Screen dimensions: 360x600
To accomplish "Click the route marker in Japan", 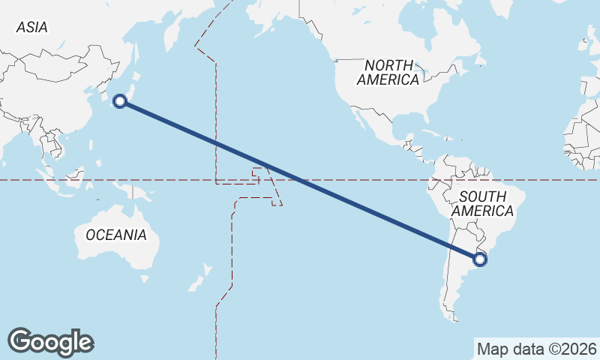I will point(119,101).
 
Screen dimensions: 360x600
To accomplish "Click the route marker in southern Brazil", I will point(480,259).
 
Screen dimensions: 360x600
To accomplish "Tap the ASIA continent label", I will point(31,27).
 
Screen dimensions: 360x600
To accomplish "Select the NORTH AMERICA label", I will point(388,72).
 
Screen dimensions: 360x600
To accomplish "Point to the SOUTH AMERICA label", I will point(487,204).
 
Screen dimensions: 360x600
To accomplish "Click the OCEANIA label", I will point(115,235).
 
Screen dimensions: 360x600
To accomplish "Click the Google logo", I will point(50,341).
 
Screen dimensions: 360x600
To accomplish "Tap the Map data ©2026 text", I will point(537,349).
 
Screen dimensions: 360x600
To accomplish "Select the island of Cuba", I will point(430,137).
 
